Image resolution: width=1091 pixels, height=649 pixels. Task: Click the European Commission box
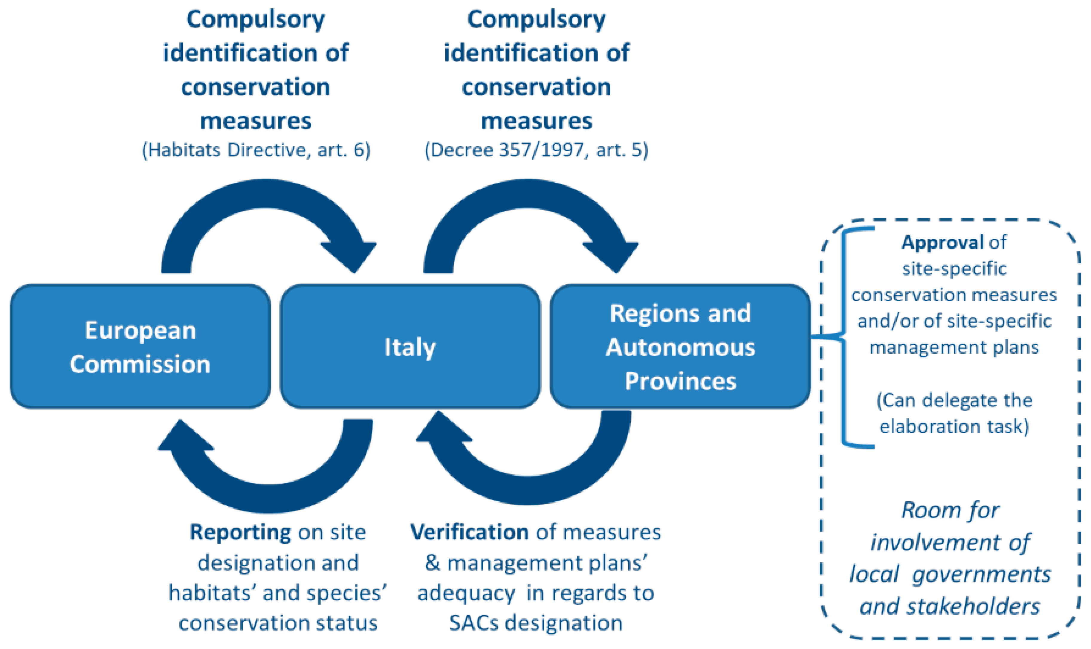[140, 346]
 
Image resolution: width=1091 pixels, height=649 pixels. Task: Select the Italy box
[410, 346]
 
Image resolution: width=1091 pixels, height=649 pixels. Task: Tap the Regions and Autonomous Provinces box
[680, 346]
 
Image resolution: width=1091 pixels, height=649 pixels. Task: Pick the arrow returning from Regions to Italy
[529, 490]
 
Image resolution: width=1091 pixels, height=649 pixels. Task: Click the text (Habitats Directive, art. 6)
[256, 150]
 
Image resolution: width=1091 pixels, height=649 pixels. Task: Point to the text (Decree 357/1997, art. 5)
[536, 150]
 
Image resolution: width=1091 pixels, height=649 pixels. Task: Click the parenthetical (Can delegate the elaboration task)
[954, 413]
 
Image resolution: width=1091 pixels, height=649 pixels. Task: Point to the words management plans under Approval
[954, 348]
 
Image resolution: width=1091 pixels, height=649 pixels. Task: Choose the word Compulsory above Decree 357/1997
[536, 20]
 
